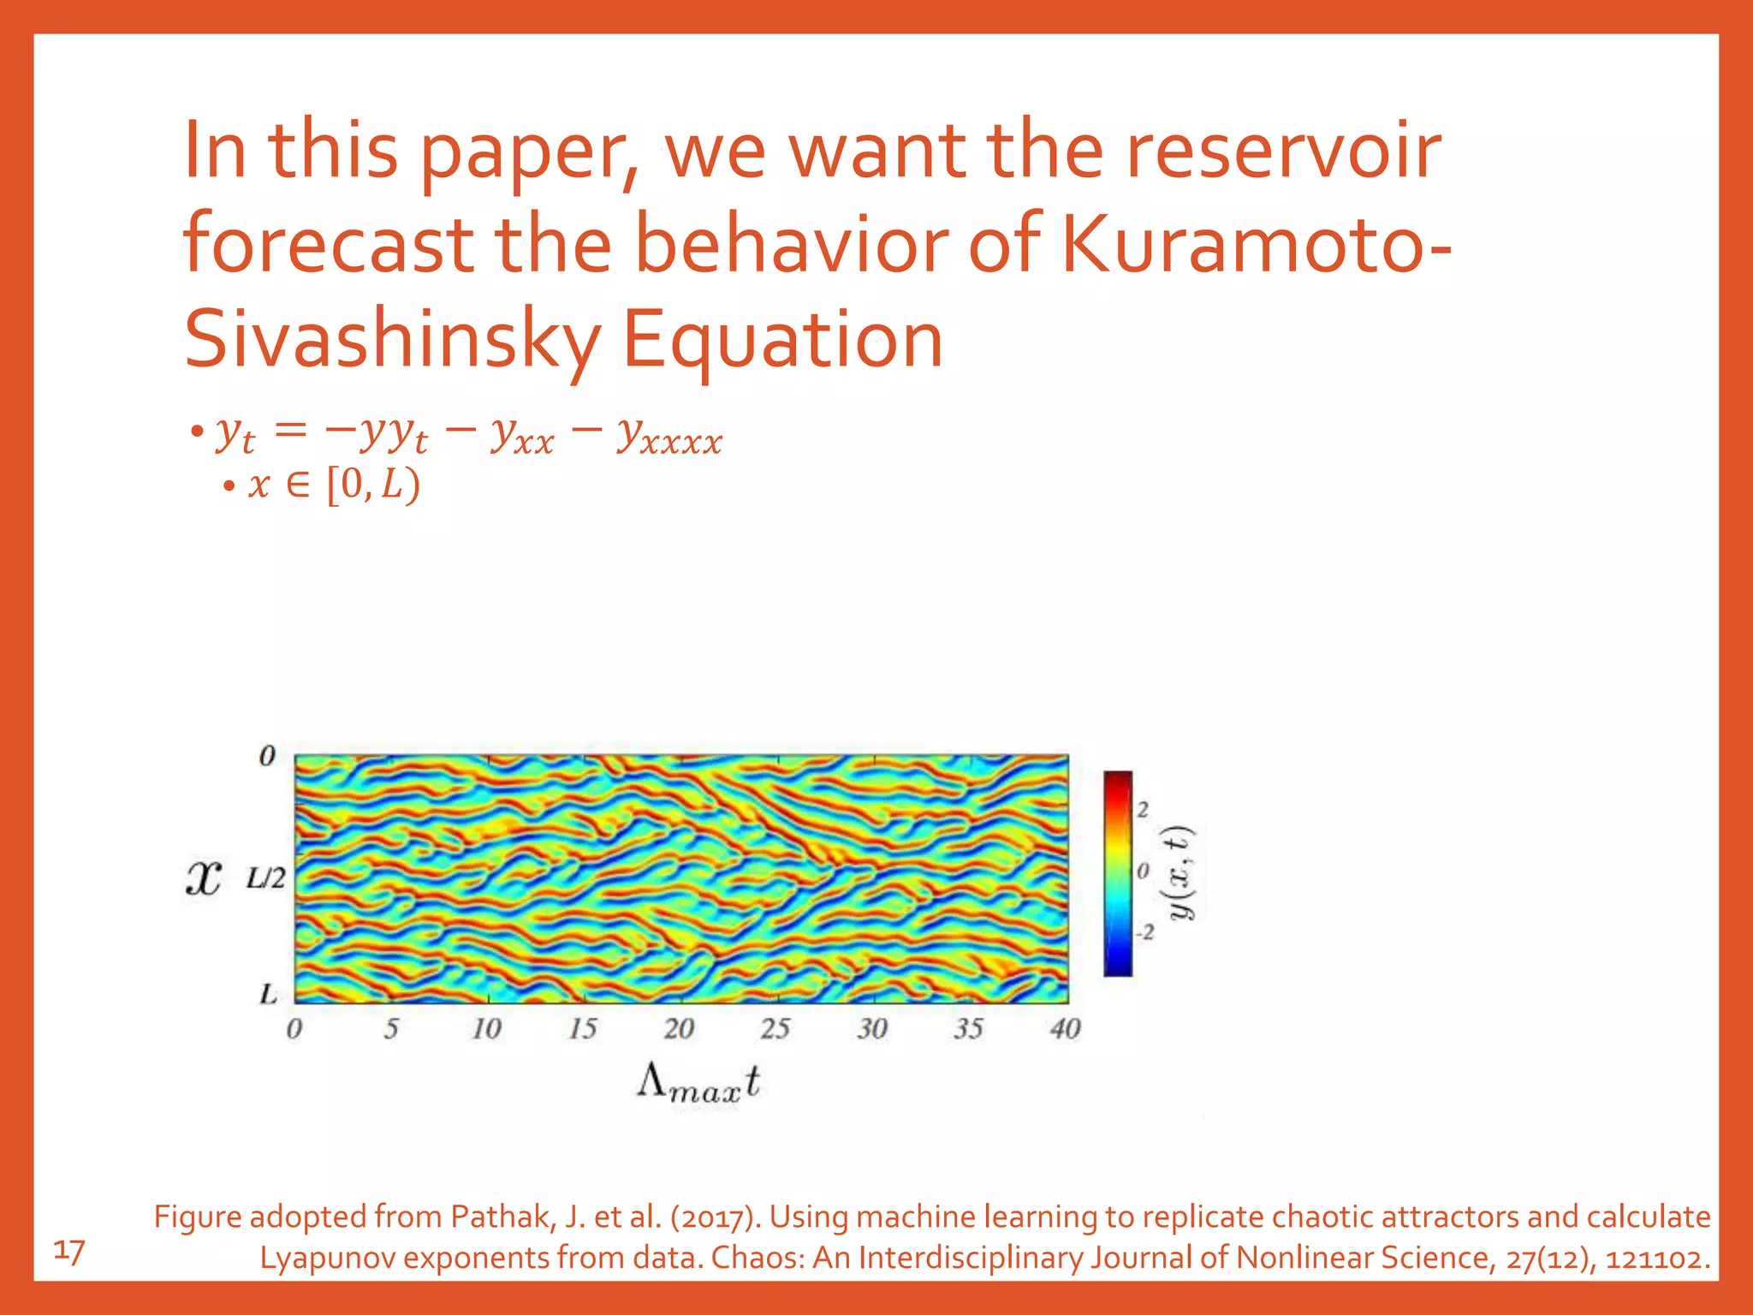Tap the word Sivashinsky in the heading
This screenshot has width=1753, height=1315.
point(391,340)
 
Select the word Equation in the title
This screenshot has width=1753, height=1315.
point(781,340)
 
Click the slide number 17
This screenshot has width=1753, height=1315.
point(69,1252)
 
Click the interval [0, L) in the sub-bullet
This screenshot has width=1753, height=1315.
point(374,485)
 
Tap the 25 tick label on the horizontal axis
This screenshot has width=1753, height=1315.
point(775,1028)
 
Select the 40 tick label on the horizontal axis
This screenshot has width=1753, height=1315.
point(1065,1028)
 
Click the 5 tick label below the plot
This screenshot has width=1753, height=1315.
point(390,1028)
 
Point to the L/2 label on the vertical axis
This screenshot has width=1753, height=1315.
point(265,878)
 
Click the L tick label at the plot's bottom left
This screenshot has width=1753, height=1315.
point(269,994)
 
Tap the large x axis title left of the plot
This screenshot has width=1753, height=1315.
point(204,878)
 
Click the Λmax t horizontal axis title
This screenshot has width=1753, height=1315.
point(698,1083)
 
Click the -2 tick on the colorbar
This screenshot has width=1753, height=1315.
point(1145,931)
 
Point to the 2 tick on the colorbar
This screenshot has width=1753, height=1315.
point(1144,809)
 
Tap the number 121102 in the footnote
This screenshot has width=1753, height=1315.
point(1653,1258)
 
